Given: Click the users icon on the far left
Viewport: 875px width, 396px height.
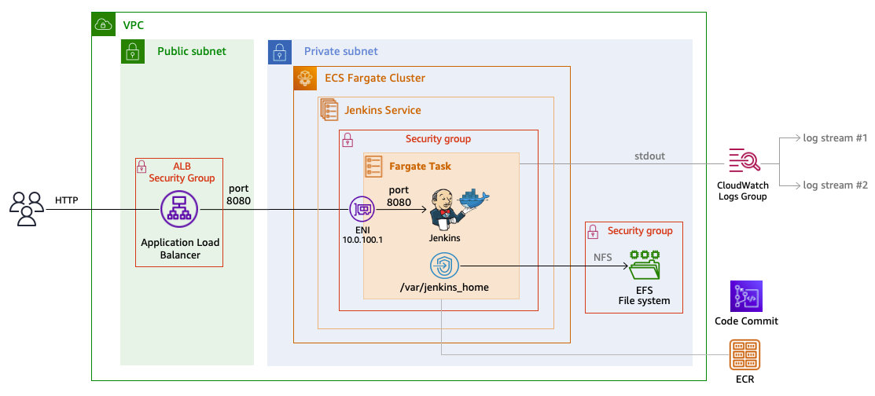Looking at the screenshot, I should (27, 210).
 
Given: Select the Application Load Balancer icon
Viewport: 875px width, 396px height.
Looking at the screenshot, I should (179, 211).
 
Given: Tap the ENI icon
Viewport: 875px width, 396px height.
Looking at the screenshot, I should (362, 210).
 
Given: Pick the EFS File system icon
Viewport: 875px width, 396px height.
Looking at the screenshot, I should (644, 266).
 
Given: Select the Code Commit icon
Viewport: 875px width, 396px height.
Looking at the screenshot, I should (746, 296).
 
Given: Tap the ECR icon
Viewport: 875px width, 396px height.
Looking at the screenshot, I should (746, 355).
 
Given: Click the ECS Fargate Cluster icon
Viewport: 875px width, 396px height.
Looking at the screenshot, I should (305, 79).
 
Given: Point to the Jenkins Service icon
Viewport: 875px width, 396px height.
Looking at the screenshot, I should (329, 110).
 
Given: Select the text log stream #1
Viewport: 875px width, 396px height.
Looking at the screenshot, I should (834, 138).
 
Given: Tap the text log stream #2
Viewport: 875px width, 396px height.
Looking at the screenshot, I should (834, 185).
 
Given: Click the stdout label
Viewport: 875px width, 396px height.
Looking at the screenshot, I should (649, 156).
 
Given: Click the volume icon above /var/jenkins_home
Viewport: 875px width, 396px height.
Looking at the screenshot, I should (444, 266).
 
